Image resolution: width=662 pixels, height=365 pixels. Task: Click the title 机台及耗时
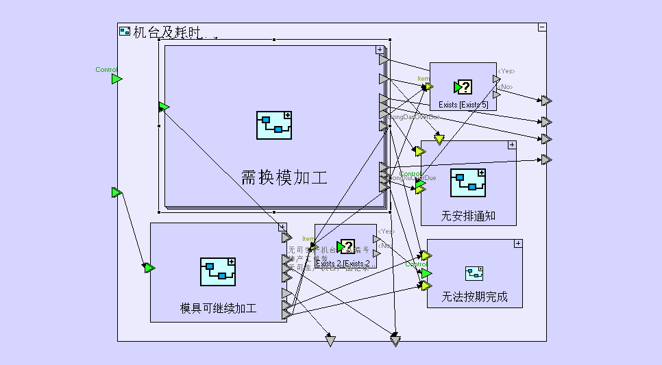(x=169, y=32)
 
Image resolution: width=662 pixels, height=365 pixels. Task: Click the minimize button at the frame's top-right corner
(x=542, y=27)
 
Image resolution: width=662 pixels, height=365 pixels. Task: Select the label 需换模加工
(x=284, y=178)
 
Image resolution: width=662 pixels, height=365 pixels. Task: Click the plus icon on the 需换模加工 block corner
(x=380, y=49)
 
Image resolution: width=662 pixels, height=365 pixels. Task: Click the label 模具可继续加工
(x=218, y=308)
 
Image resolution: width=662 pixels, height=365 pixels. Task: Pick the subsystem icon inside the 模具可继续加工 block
(x=218, y=272)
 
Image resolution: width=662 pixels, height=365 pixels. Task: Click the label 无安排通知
(x=468, y=216)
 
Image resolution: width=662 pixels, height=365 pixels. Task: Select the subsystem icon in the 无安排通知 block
(x=469, y=183)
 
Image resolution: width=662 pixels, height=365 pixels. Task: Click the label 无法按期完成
(x=475, y=298)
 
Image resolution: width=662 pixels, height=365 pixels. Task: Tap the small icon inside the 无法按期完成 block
(x=474, y=273)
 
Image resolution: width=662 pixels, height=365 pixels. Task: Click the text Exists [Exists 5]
(x=463, y=105)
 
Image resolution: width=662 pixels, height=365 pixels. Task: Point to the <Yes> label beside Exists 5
(x=506, y=71)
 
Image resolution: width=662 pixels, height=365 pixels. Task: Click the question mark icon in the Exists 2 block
(x=347, y=247)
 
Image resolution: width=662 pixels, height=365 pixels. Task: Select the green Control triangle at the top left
(x=117, y=79)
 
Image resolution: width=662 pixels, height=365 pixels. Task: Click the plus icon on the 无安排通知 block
(x=511, y=144)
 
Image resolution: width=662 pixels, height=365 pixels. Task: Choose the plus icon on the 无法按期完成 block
(x=518, y=243)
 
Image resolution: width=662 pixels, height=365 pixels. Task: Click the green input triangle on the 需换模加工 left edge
(x=164, y=107)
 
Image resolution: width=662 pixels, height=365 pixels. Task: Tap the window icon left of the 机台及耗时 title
(x=125, y=31)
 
